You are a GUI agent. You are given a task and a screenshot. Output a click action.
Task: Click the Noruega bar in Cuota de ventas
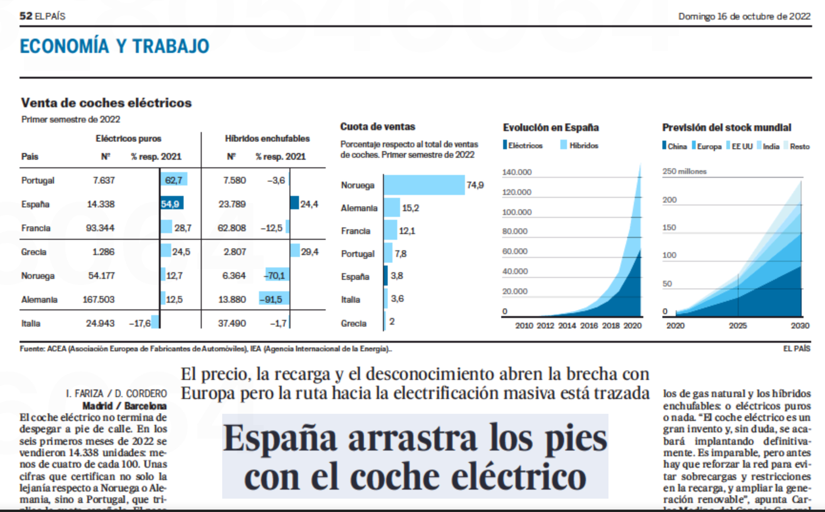point(424,185)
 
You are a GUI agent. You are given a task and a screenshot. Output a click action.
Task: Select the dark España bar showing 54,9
point(171,204)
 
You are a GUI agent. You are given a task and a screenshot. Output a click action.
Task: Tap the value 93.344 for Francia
point(100,228)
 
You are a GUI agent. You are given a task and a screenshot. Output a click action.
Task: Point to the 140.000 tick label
point(516,172)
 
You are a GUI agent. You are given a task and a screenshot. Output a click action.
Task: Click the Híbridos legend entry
point(579,145)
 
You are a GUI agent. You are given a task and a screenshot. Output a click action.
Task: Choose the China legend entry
point(675,146)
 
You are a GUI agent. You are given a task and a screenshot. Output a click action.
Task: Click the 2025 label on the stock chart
point(737,326)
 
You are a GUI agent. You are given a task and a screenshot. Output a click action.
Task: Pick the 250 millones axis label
point(684,171)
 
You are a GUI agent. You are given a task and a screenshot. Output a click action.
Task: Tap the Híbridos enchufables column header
point(267,138)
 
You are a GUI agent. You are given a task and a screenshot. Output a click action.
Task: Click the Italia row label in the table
point(31,323)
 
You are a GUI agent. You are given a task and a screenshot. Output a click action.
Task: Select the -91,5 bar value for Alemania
point(271,299)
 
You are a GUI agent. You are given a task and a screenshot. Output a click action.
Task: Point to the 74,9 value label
point(475,185)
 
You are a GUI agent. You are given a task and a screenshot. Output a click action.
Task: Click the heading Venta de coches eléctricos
point(106,102)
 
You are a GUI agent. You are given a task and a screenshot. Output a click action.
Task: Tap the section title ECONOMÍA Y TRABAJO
point(114,46)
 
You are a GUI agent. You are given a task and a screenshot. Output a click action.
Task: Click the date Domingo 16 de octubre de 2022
point(744,16)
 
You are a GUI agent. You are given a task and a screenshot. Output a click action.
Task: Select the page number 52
point(26,16)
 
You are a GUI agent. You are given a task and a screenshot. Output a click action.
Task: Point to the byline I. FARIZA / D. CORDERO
point(116,393)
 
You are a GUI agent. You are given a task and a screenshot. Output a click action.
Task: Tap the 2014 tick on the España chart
point(567,326)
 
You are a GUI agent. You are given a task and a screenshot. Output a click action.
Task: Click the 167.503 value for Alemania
point(99,299)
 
